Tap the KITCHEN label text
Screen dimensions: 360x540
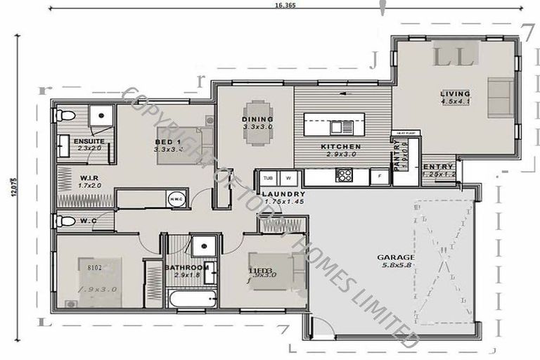click(x=340, y=146)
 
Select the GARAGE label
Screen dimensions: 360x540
click(x=395, y=257)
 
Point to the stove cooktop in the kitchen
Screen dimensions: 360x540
click(x=344, y=176)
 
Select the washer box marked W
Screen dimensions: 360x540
click(x=288, y=178)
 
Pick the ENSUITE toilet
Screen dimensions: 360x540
click(x=64, y=115)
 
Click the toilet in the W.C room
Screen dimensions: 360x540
click(x=65, y=221)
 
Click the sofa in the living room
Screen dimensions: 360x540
click(x=501, y=97)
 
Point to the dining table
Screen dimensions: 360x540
click(x=254, y=123)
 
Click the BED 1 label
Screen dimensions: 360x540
click(x=169, y=141)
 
